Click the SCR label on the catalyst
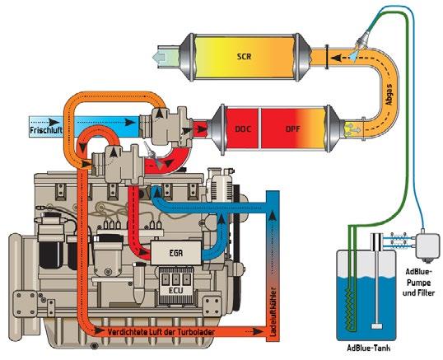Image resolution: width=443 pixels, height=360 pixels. pyautogui.click(x=244, y=57)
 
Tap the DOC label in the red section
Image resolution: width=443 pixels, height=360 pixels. pyautogui.click(x=243, y=129)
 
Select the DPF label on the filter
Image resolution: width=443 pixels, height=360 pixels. pyautogui.click(x=292, y=129)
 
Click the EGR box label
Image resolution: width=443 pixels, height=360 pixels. pyautogui.click(x=176, y=253)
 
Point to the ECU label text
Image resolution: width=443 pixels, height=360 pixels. pyautogui.click(x=176, y=291)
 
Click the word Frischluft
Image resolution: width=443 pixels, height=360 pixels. pyautogui.click(x=46, y=130)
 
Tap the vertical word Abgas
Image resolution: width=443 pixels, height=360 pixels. pyautogui.click(x=389, y=95)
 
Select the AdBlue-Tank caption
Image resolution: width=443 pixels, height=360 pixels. pyautogui.click(x=369, y=348)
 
